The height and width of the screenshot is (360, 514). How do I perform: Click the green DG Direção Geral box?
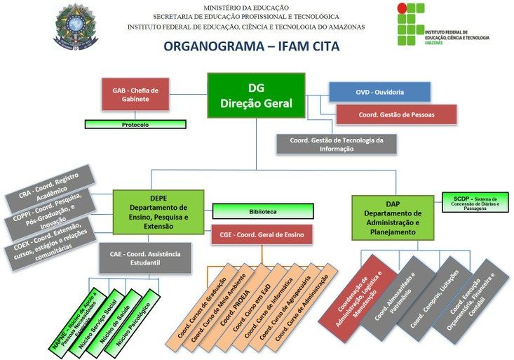[x=256, y=95]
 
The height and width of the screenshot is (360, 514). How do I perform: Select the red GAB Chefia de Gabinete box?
[x=135, y=95]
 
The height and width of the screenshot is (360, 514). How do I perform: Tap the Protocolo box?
[x=135, y=124]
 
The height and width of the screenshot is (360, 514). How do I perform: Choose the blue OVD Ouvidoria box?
[x=379, y=92]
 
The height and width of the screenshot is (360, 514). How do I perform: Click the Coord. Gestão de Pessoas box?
[x=396, y=114]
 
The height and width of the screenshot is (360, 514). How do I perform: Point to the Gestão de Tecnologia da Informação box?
[x=337, y=144]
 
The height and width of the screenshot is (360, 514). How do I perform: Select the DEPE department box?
[x=158, y=213]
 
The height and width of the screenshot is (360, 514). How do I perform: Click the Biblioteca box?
[x=262, y=211]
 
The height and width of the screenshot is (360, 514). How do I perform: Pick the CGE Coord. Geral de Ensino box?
[x=262, y=235]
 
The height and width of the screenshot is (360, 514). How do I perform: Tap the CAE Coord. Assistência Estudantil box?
[x=145, y=258]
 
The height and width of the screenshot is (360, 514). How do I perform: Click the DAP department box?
[x=393, y=218]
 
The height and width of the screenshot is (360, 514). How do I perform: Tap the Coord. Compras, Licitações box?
[x=434, y=295]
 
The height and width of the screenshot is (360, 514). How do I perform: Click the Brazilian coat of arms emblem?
[x=76, y=27]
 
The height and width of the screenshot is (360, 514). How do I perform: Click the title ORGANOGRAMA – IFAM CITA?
[x=250, y=47]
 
